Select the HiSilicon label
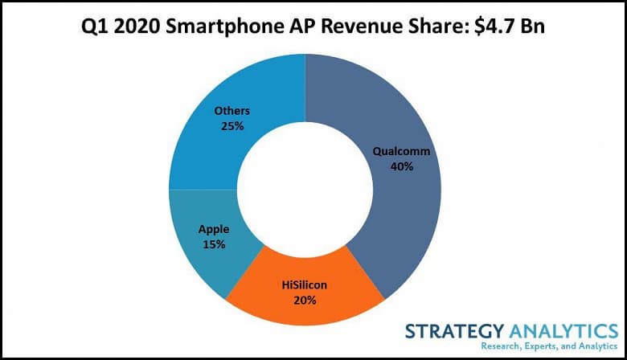305,284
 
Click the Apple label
214,228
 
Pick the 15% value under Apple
214,243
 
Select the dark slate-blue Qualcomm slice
402,209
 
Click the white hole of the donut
305,190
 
